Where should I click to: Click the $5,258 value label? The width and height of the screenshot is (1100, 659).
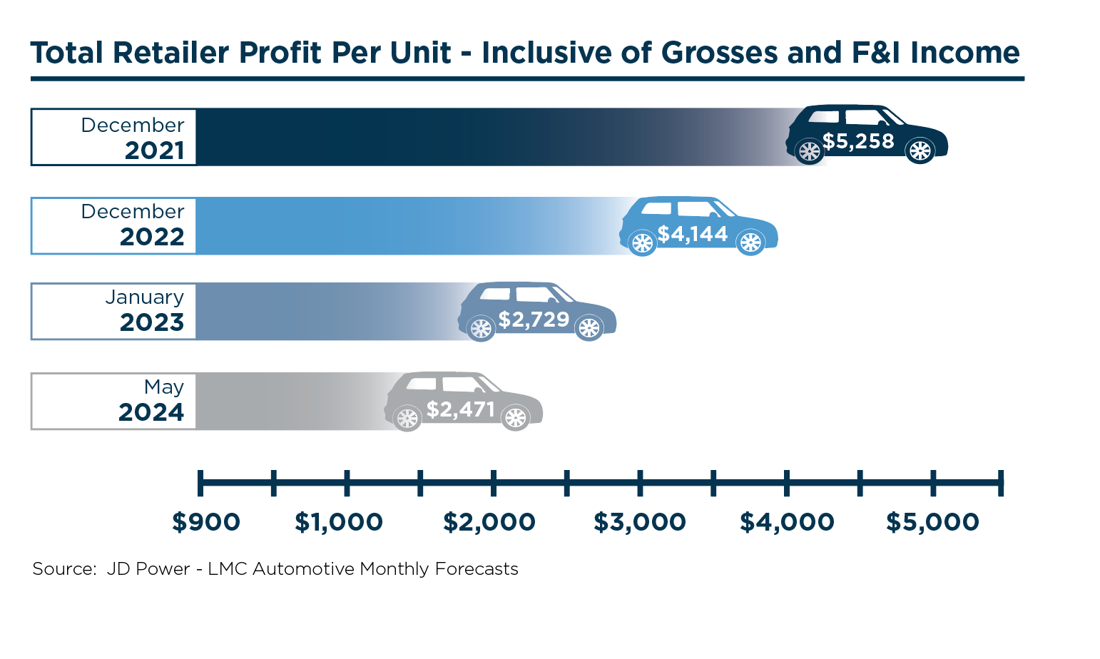click(858, 141)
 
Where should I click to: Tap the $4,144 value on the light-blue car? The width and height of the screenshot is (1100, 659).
click(693, 234)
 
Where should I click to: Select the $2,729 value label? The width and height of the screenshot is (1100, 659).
click(534, 320)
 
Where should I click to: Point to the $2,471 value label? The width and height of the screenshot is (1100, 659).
click(461, 409)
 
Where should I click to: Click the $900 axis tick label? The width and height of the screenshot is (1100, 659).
click(206, 522)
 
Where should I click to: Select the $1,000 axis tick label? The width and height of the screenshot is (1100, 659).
click(339, 522)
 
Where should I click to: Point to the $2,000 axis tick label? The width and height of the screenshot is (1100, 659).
click(489, 522)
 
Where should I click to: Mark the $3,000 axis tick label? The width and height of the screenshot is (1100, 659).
click(640, 522)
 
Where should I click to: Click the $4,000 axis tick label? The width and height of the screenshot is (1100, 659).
click(787, 522)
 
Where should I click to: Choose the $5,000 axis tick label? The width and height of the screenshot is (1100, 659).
click(933, 522)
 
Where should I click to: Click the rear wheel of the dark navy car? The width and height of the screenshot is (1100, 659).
click(809, 151)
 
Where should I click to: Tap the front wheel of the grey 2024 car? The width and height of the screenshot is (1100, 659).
click(515, 418)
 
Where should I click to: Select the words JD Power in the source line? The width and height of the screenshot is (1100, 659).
click(148, 569)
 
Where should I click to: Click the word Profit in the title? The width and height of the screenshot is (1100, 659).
click(280, 53)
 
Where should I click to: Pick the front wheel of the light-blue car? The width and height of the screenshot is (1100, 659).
click(750, 243)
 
